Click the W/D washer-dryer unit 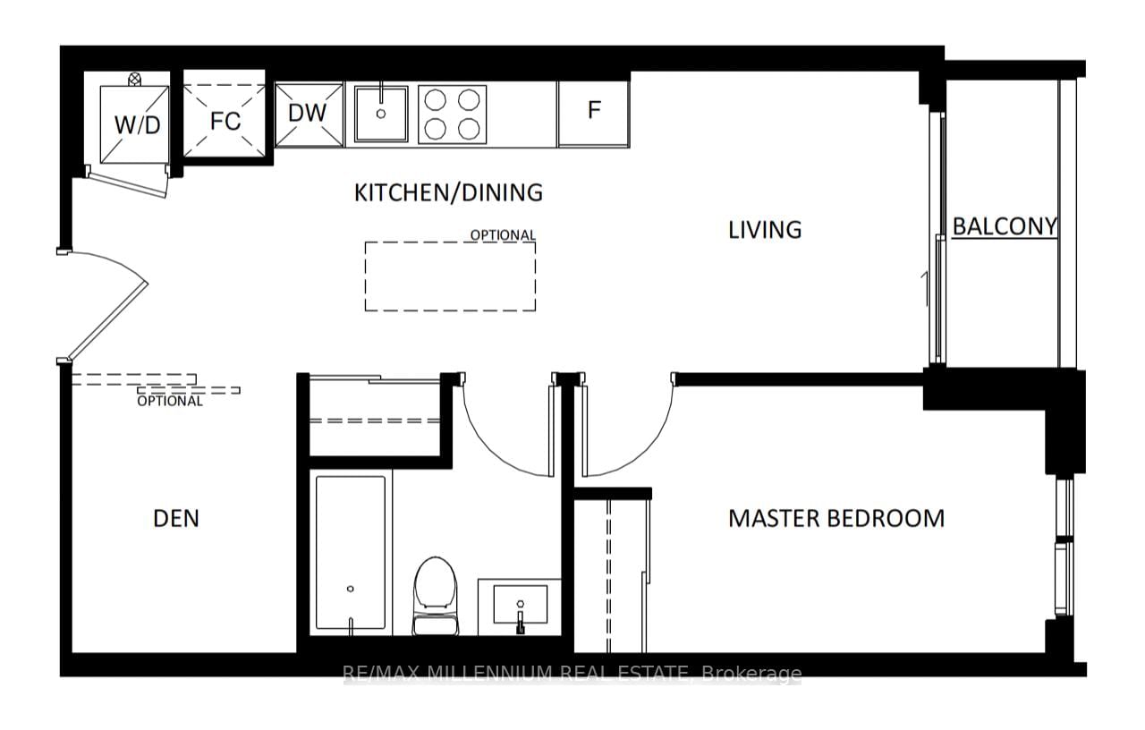[x=134, y=124]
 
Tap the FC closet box [x=225, y=121]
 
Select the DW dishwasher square [x=308, y=114]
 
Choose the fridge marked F [x=593, y=111]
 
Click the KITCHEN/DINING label [x=448, y=192]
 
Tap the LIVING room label [x=764, y=230]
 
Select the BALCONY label [x=1004, y=226]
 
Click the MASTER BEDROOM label [x=835, y=519]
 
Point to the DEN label [x=176, y=518]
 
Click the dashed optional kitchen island [x=450, y=276]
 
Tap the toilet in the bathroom [x=436, y=592]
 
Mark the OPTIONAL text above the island [x=503, y=235]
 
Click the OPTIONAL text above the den [x=169, y=401]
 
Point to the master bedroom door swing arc [x=640, y=438]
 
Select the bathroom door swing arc [x=496, y=438]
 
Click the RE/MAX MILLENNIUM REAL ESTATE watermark [x=572, y=674]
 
